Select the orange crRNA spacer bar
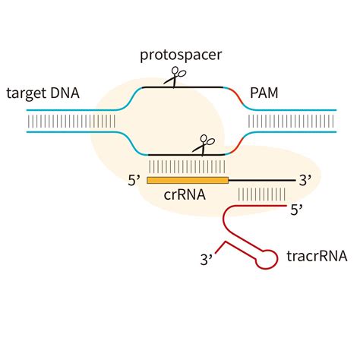click(x=188, y=180)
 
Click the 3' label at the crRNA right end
click(x=305, y=181)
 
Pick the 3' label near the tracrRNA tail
click(x=206, y=260)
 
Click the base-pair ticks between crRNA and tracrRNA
click(x=257, y=194)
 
